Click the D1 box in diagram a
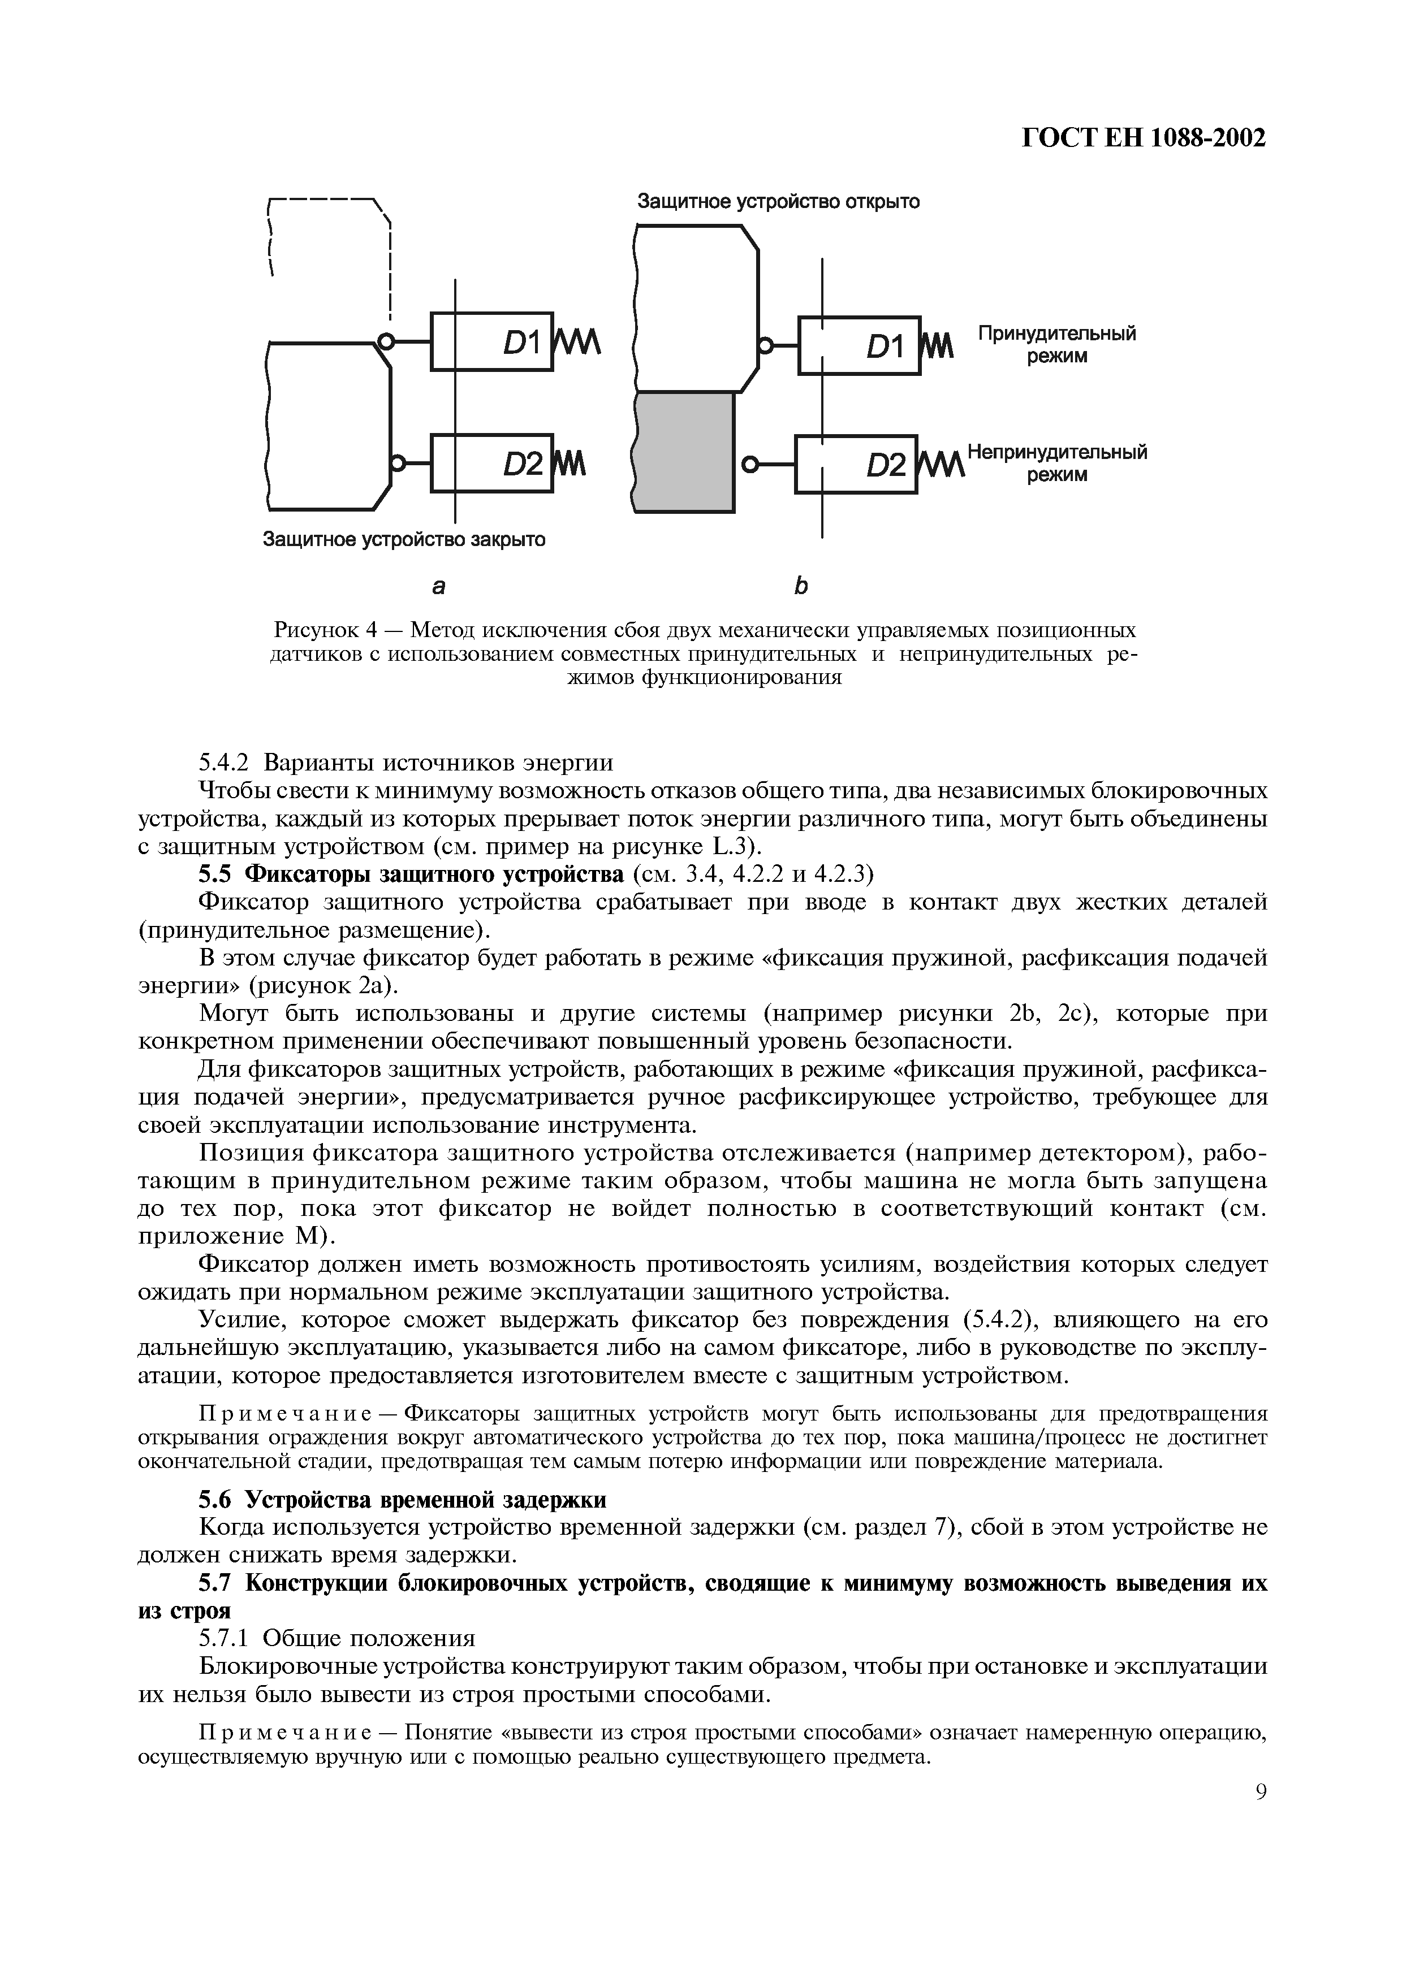click(x=491, y=341)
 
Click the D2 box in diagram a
click(x=491, y=463)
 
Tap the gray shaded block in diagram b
click(x=685, y=452)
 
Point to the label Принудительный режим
click(x=1056, y=345)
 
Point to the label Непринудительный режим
click(x=1056, y=463)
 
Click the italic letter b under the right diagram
click(x=800, y=586)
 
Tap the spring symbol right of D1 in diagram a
click(x=575, y=342)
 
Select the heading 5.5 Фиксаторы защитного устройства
click(x=411, y=875)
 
